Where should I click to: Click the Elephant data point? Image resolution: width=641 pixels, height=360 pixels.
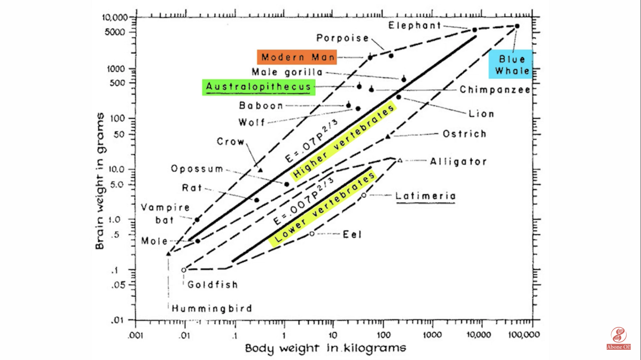pos(474,30)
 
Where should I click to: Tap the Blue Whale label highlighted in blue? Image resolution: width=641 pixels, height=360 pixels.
pos(511,65)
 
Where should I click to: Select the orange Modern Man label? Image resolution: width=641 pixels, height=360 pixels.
pos(297,57)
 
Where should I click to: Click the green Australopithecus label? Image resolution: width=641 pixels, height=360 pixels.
pos(259,87)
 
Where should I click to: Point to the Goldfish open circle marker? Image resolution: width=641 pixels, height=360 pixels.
pos(184,270)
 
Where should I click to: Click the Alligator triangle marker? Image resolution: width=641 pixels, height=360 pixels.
pos(400,161)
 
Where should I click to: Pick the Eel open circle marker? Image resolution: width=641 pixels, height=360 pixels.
pos(312,234)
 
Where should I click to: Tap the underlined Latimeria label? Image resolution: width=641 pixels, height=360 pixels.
pos(425,197)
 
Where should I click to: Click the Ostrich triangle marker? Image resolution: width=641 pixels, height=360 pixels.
pos(388,137)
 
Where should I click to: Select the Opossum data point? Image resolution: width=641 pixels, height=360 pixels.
pos(287,184)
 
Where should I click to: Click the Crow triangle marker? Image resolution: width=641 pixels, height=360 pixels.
pos(261,170)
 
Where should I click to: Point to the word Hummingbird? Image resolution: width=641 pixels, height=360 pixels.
pos(212,308)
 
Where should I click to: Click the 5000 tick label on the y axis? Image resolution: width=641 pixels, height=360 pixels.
pos(115,32)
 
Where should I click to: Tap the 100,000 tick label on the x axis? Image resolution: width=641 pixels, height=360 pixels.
pos(524,334)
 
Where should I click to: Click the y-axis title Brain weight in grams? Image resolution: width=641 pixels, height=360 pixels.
pos(100,181)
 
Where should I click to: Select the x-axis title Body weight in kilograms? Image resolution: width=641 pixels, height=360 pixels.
pos(325,348)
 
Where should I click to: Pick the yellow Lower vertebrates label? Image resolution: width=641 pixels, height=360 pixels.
pos(322,209)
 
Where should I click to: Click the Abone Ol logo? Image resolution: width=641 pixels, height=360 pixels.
pos(619,339)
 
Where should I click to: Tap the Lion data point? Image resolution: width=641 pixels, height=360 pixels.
pos(398,97)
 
